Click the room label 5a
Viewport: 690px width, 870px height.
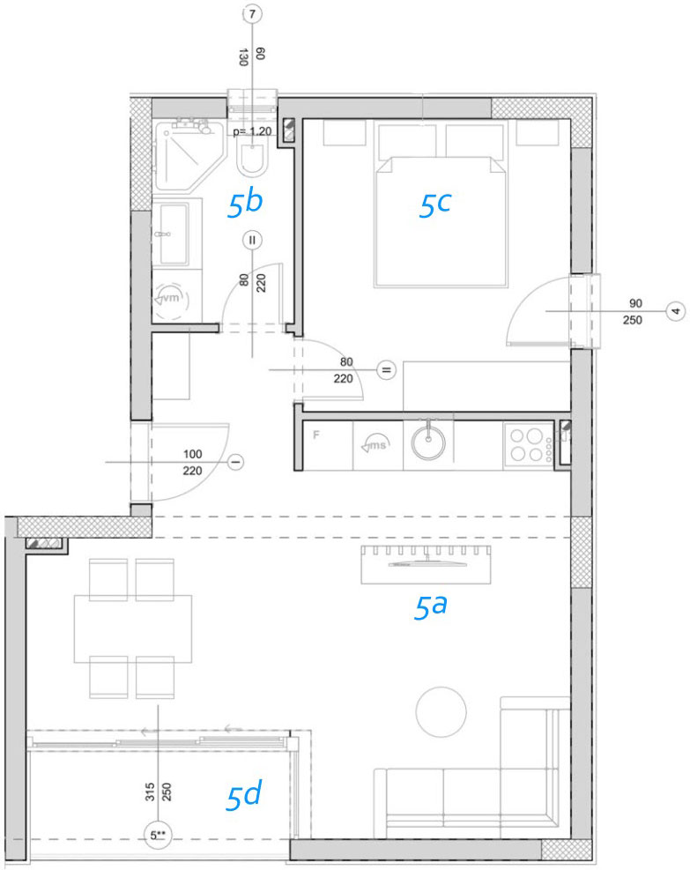tap(430, 606)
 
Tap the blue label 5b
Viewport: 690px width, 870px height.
tap(245, 203)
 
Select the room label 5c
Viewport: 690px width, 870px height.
tap(434, 204)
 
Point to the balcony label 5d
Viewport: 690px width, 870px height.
tap(243, 795)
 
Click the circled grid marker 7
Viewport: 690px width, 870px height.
tap(252, 13)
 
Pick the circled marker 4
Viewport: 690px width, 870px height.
tap(676, 310)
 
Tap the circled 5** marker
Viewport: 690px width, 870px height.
tap(158, 835)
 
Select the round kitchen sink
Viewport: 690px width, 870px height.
tap(427, 442)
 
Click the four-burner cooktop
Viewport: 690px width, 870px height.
tap(528, 445)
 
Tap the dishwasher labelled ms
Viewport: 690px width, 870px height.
tap(377, 445)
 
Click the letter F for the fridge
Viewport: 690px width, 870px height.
tap(316, 435)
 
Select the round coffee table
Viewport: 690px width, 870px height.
tap(441, 712)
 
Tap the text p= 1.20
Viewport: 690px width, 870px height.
tap(252, 131)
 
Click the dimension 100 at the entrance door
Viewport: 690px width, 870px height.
tap(192, 454)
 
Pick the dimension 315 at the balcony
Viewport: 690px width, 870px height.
tap(150, 792)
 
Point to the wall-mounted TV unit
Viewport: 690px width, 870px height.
tap(426, 565)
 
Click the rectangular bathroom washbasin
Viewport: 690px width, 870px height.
tap(173, 234)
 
